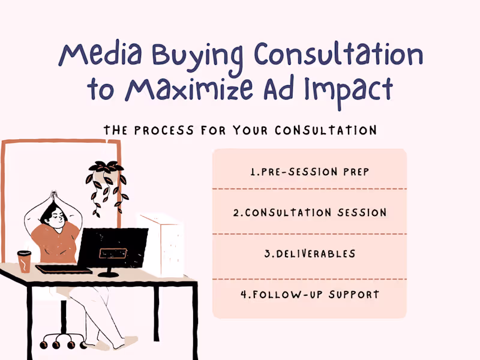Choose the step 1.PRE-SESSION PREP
click(x=309, y=172)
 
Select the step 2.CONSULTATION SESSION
click(x=309, y=212)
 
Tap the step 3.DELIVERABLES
click(x=310, y=253)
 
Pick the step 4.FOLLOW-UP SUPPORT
click(x=310, y=295)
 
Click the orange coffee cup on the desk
click(x=24, y=262)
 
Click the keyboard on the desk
click(x=64, y=269)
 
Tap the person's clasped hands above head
click(x=53, y=195)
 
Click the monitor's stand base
click(x=108, y=274)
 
